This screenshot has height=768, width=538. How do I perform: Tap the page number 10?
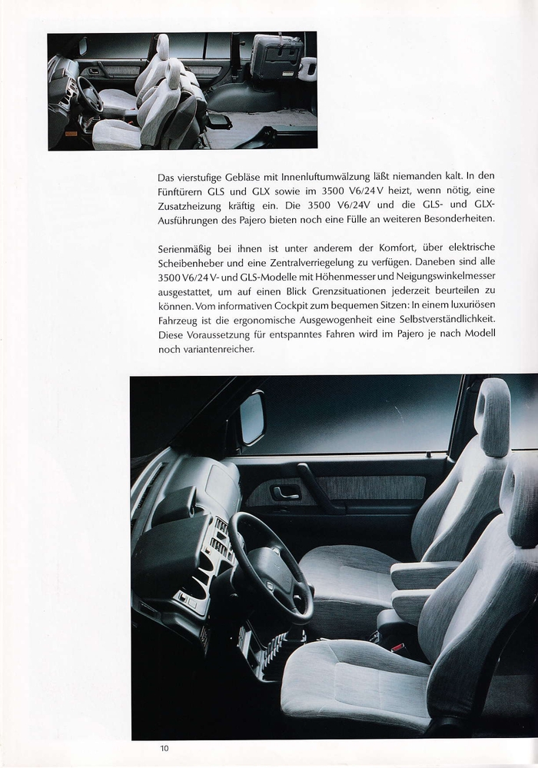[164, 748]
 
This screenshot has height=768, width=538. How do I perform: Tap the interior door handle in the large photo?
[285, 492]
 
